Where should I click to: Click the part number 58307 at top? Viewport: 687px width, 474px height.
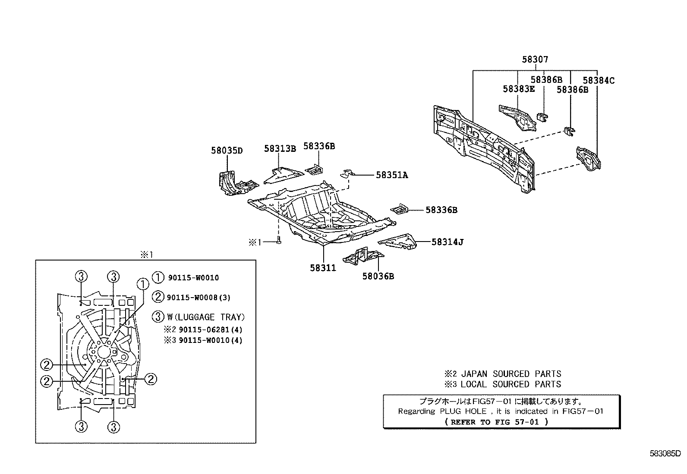point(535,60)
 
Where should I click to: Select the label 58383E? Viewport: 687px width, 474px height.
point(518,89)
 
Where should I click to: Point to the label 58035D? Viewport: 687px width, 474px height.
point(227,151)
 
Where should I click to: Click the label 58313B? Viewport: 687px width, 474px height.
point(280,149)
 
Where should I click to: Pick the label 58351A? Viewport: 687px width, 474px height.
point(391,175)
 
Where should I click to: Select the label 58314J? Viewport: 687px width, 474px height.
point(447,242)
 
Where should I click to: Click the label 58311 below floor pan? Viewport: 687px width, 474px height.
point(322,268)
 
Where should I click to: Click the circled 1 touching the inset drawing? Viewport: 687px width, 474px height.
point(142,284)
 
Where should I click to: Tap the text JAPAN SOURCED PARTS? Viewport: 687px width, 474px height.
point(511,374)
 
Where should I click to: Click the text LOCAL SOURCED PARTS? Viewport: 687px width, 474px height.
point(511,384)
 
